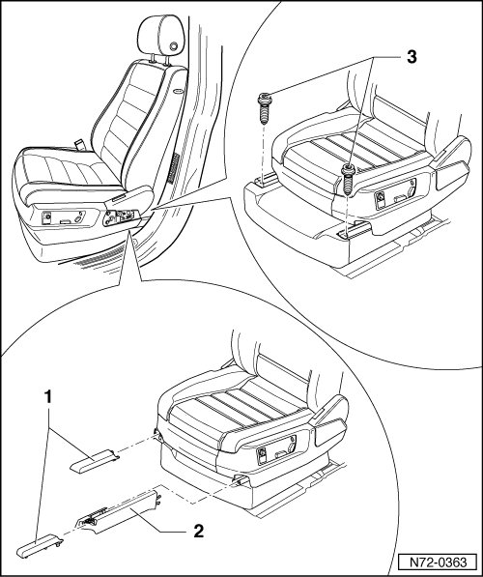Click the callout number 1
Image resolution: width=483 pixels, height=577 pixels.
(48, 397)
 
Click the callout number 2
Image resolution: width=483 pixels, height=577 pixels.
(198, 531)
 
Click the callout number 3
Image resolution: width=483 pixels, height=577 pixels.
(412, 57)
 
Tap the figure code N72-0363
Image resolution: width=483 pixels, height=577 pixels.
(439, 563)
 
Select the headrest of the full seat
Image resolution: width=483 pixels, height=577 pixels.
(160, 36)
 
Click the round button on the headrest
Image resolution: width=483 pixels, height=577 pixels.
(173, 46)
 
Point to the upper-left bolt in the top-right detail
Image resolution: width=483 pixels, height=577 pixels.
(265, 108)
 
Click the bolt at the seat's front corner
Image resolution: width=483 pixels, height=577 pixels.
(348, 181)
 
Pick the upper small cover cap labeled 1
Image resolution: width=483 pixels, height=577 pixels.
(95, 460)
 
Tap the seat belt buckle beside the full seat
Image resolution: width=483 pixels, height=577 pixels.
(78, 144)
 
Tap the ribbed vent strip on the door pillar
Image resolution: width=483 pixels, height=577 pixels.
(173, 168)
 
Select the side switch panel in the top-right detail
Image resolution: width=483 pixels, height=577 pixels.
(395, 191)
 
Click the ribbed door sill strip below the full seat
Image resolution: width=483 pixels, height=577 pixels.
(99, 256)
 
